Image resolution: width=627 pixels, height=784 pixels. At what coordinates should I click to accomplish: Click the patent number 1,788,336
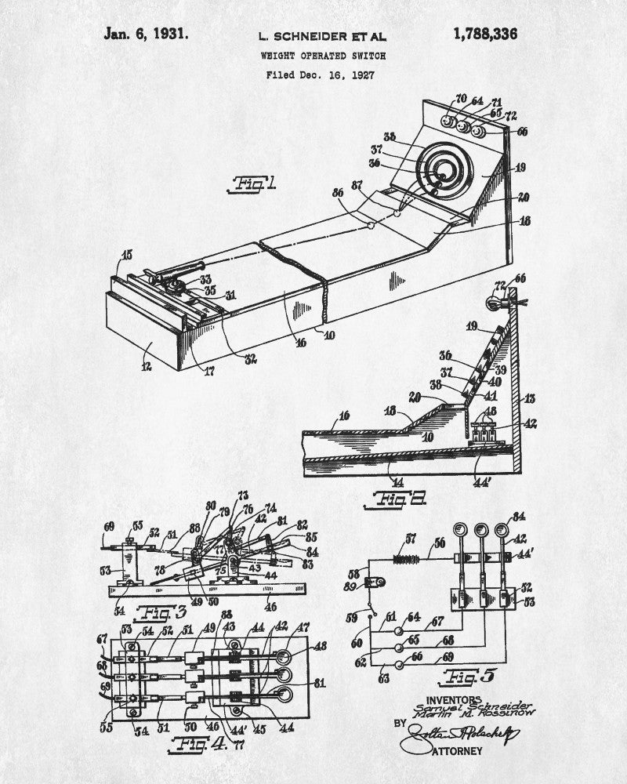pyautogui.click(x=485, y=34)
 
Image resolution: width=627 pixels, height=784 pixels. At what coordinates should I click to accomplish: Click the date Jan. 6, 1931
pyautogui.click(x=145, y=34)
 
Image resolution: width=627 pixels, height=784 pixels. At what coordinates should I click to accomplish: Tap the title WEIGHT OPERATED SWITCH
pyautogui.click(x=319, y=56)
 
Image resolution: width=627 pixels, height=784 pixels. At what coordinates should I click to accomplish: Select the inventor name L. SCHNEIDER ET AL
pyautogui.click(x=322, y=36)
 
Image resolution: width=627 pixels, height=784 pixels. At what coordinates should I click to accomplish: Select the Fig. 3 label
pyautogui.click(x=143, y=612)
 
